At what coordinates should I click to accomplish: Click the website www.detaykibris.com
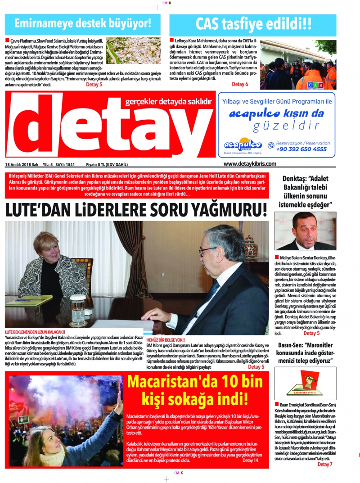[250, 164]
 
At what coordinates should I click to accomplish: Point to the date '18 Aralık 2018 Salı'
[21, 164]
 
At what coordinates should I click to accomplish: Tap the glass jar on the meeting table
[78, 309]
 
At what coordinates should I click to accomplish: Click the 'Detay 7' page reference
[324, 464]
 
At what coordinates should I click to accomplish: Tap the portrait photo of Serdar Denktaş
[306, 231]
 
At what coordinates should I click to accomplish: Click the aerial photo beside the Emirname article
[133, 50]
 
